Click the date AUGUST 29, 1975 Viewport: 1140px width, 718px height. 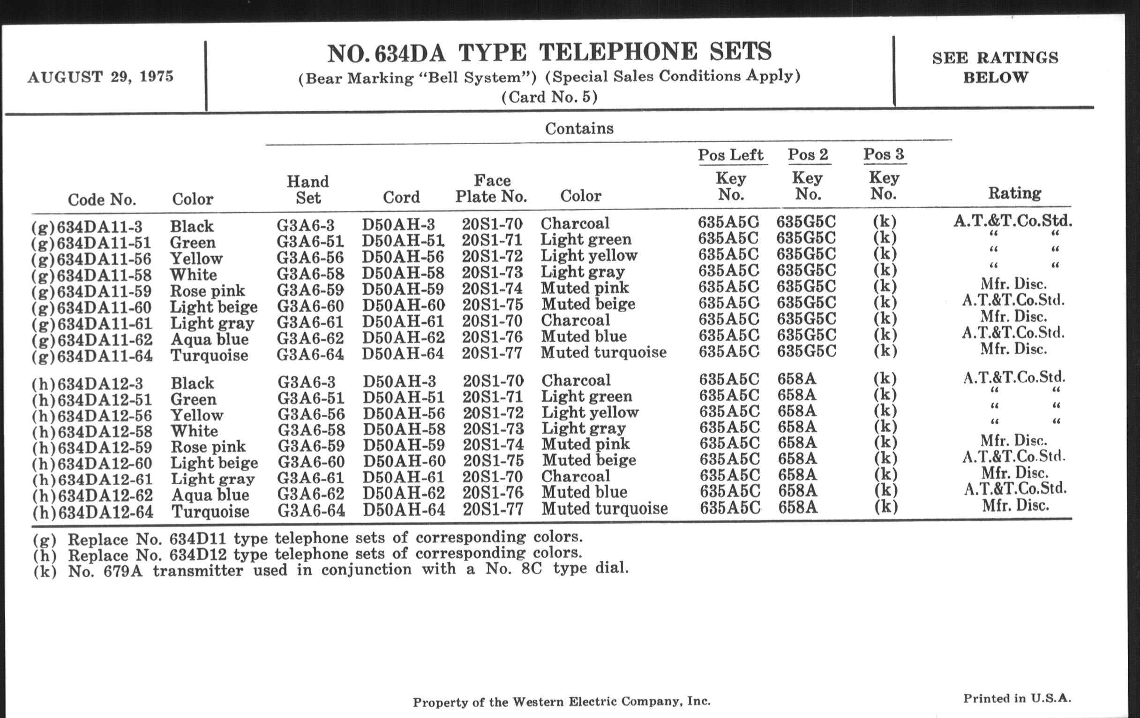[100, 77]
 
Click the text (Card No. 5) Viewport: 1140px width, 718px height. [549, 97]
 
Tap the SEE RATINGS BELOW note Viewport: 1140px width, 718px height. [995, 67]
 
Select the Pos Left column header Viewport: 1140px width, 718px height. [730, 155]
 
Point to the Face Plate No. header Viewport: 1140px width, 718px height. [491, 188]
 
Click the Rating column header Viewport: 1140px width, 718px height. [1014, 193]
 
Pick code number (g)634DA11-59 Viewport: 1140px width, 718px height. [91, 291]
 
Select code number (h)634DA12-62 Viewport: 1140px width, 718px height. [92, 495]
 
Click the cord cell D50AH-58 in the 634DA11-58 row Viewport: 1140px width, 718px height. [403, 273]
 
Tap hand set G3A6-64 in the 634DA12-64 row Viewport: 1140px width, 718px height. [311, 511]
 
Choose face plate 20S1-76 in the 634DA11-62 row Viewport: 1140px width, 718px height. [492, 336]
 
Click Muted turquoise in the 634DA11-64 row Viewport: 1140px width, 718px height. [604, 352]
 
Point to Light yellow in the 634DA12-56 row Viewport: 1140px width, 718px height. [590, 412]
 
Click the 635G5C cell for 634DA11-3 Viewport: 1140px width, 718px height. [806, 222]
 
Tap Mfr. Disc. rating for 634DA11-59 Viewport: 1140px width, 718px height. [1013, 284]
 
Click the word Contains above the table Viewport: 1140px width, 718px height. [579, 129]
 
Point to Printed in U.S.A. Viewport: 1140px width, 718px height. [1017, 698]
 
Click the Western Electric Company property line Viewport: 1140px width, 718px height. [562, 702]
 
